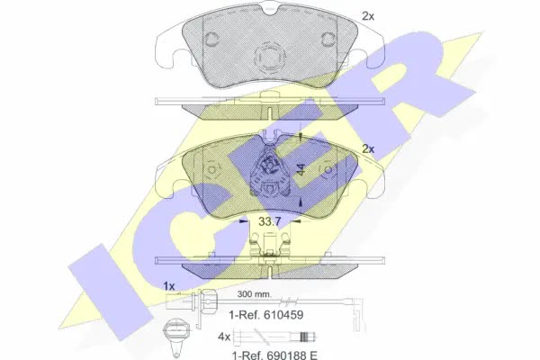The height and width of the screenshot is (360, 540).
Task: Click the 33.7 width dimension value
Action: pos(270,222)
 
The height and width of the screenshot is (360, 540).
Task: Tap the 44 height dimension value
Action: pos(301,169)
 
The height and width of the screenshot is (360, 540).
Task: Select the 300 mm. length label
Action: pos(254,294)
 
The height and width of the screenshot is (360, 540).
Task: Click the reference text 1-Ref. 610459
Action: pos(266,314)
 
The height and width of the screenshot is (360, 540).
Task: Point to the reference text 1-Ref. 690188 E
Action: pos(274,355)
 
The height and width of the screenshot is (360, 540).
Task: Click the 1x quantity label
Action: pos(169,285)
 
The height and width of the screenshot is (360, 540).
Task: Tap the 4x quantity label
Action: pos(224,337)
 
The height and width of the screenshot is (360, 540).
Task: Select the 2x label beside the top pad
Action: pos(368,16)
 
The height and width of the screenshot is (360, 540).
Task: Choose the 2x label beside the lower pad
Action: pos(368,148)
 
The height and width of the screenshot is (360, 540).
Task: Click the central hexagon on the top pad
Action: pos(270,58)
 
